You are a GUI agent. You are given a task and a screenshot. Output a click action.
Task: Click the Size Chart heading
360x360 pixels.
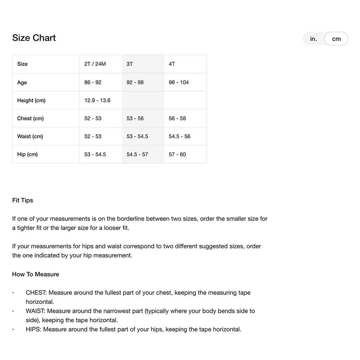(x=34, y=38)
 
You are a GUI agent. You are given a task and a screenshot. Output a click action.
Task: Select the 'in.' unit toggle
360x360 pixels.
(x=313, y=39)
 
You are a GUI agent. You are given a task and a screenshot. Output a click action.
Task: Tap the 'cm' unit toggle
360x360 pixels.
(x=336, y=39)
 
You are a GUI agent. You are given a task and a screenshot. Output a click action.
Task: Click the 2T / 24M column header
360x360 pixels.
(x=95, y=64)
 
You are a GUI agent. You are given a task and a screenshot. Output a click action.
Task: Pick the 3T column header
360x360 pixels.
(x=130, y=64)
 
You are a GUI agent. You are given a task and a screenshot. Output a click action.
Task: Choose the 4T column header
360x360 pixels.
(x=172, y=64)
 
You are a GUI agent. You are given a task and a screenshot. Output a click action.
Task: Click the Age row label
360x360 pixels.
(x=22, y=82)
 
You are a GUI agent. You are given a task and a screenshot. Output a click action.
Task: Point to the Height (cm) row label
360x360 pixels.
(x=31, y=100)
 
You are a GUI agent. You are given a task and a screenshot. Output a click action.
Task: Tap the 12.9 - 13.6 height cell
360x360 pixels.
(x=97, y=100)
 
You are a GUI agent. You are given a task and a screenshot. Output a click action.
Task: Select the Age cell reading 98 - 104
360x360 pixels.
(x=179, y=82)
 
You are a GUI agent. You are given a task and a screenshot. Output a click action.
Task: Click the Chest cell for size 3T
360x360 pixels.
(x=135, y=118)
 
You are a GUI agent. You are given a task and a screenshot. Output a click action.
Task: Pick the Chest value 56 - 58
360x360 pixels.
(x=177, y=118)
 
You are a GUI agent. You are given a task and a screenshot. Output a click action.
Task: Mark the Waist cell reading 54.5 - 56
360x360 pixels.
(x=179, y=136)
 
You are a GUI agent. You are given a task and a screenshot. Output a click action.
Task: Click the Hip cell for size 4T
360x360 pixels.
(x=177, y=154)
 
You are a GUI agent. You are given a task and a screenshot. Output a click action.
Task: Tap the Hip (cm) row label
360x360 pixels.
(x=27, y=154)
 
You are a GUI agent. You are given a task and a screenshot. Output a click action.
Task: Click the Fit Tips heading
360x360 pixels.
(x=23, y=200)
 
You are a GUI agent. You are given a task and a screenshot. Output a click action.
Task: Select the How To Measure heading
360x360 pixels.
(x=36, y=274)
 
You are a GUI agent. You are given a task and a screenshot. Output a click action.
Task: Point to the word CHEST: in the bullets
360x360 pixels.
(x=36, y=293)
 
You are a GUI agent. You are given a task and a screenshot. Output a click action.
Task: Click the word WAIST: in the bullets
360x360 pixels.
(x=36, y=311)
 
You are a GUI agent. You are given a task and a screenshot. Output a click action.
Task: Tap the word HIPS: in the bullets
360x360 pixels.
(x=33, y=329)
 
